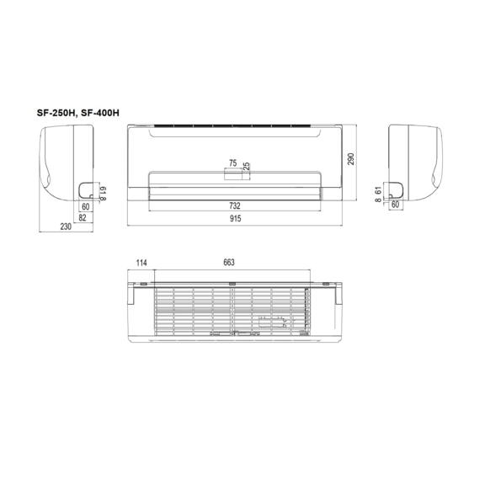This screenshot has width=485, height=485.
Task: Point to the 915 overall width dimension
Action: [235, 219]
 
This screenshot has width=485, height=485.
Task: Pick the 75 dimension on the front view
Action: [232, 163]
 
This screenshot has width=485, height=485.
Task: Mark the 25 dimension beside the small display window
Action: [247, 168]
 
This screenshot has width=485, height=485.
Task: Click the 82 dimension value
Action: [83, 219]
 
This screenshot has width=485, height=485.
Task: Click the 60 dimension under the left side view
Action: [86, 206]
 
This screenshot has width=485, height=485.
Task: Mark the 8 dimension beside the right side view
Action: [380, 200]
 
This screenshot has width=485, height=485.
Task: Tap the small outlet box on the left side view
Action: [86, 189]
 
